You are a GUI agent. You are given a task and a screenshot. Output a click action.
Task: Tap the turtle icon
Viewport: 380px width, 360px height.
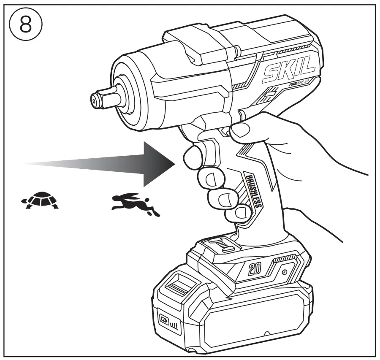coord(40,200)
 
